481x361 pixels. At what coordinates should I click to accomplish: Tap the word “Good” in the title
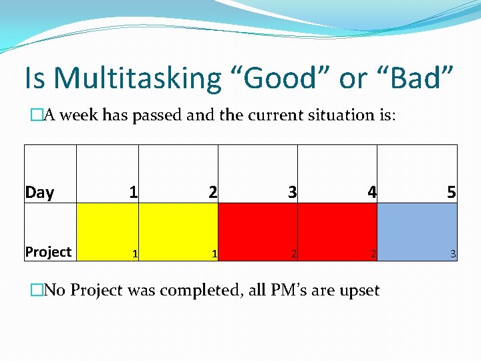(280, 78)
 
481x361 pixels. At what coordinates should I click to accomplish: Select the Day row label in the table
(39, 193)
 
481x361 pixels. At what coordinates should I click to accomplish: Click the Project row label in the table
(48, 252)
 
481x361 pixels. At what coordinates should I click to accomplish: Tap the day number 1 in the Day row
(134, 193)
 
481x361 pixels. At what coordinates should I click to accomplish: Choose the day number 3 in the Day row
(292, 193)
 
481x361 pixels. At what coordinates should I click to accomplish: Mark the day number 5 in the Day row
(452, 193)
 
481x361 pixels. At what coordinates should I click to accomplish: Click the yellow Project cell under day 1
(108, 231)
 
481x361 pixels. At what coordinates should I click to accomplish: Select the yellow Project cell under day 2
(178, 231)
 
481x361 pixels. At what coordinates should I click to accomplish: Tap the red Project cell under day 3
(258, 231)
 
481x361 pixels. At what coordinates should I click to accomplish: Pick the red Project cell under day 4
(337, 231)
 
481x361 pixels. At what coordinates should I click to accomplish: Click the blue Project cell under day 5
(417, 231)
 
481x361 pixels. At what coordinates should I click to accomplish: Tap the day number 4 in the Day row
(372, 193)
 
